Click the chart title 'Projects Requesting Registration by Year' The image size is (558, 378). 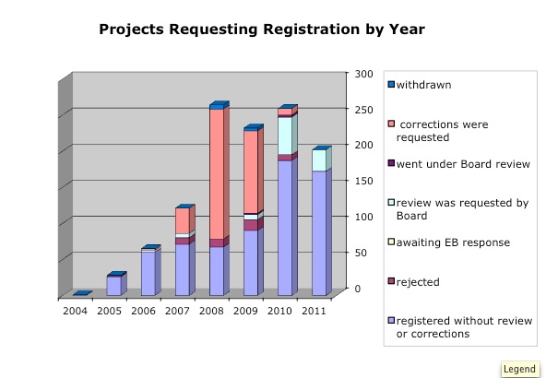coord(261,30)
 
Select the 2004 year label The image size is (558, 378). coord(76,312)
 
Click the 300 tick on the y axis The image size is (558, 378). coord(364,73)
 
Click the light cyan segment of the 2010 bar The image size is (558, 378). coord(285,136)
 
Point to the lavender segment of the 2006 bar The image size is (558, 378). coord(148,272)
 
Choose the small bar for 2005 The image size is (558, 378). coord(113,286)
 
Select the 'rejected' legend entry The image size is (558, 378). coord(417,282)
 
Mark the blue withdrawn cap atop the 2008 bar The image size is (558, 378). coord(217,106)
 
